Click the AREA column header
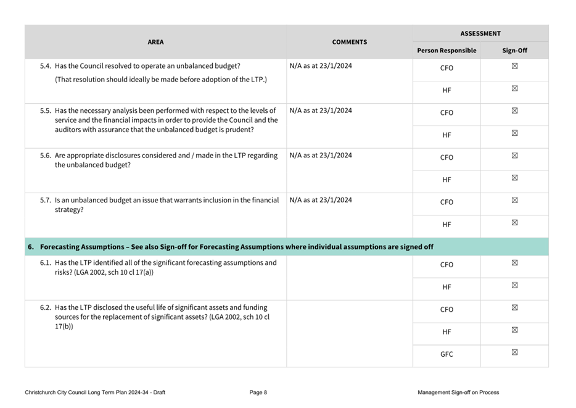pyautogui.click(x=155, y=42)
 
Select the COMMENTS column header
pyautogui.click(x=349, y=42)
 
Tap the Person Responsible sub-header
pyautogui.click(x=446, y=51)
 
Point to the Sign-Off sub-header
pyautogui.click(x=514, y=51)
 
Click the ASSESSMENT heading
pyautogui.click(x=480, y=33)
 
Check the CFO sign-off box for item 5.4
pyautogui.click(x=514, y=67)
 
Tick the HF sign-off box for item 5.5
pyautogui.click(x=514, y=133)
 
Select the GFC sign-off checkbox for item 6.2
pyautogui.click(x=514, y=352)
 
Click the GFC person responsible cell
pyautogui.click(x=446, y=354)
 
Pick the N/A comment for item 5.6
pyautogui.click(x=321, y=156)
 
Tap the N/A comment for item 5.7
pyautogui.click(x=321, y=200)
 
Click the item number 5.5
pyautogui.click(x=46, y=111)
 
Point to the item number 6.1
pyautogui.click(x=46, y=262)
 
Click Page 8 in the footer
pyautogui.click(x=258, y=393)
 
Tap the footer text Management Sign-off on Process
pyautogui.click(x=458, y=393)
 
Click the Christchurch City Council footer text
pyautogui.click(x=95, y=393)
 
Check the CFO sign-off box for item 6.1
pyautogui.click(x=514, y=263)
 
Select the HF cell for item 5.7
pyautogui.click(x=446, y=225)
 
